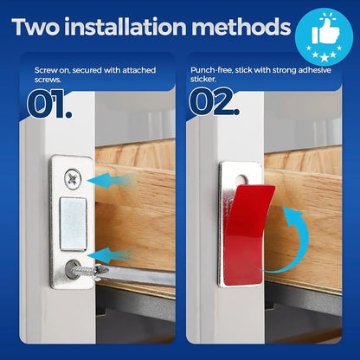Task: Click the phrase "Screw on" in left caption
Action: click(x=54, y=67)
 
